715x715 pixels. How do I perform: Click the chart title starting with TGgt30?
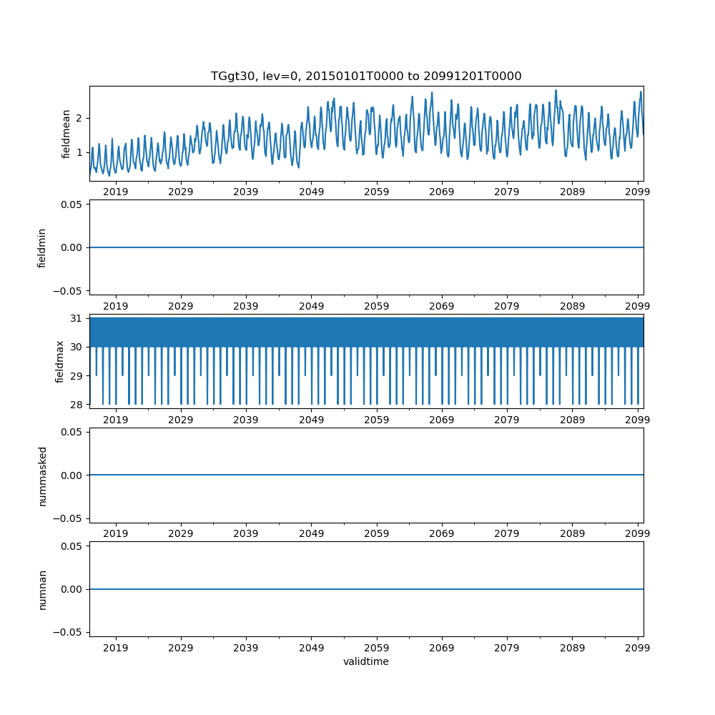366,77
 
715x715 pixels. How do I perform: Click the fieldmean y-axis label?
66,134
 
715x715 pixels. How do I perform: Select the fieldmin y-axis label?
42,247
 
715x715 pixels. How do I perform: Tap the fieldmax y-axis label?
60,361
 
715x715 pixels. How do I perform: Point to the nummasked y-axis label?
42,475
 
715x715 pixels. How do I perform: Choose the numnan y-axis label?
42,589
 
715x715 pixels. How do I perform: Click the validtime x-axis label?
366,661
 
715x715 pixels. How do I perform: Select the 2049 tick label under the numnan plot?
311,648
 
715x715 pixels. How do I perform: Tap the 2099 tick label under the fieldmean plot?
637,192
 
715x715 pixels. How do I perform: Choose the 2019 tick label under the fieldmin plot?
116,306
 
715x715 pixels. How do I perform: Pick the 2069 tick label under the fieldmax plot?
442,420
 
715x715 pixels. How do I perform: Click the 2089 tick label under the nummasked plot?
572,534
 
